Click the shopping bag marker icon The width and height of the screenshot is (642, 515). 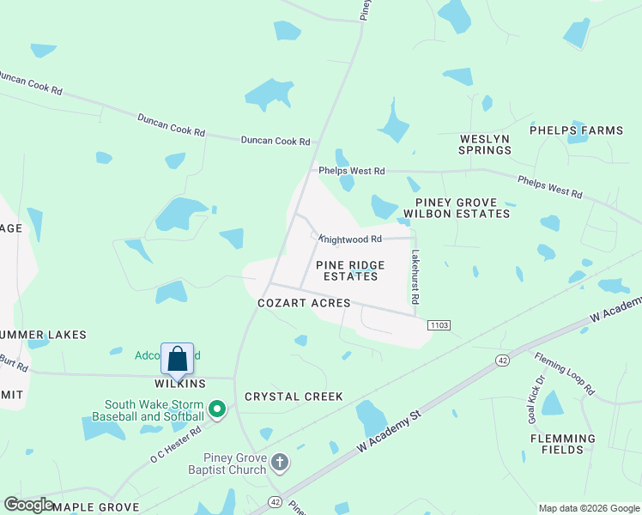click(x=177, y=359)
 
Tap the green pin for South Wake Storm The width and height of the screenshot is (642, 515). click(x=217, y=409)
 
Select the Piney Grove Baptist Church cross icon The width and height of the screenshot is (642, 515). click(x=279, y=463)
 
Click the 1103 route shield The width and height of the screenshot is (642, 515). click(x=438, y=324)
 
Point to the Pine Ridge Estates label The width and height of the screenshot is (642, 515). click(x=348, y=271)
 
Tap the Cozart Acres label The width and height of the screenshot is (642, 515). click(x=305, y=303)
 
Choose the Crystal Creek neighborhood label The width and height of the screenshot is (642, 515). click(x=294, y=397)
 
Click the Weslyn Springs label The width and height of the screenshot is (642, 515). click(x=485, y=144)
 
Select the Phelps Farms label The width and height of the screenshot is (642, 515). click(x=576, y=130)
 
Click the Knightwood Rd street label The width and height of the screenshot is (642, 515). click(x=350, y=239)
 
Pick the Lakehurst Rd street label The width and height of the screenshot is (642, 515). click(x=415, y=277)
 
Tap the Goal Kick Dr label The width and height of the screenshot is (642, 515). click(x=536, y=399)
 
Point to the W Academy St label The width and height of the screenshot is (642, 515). click(x=390, y=432)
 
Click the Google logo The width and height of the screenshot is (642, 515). click(x=28, y=505)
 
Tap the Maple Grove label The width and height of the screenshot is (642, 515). click(x=95, y=507)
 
